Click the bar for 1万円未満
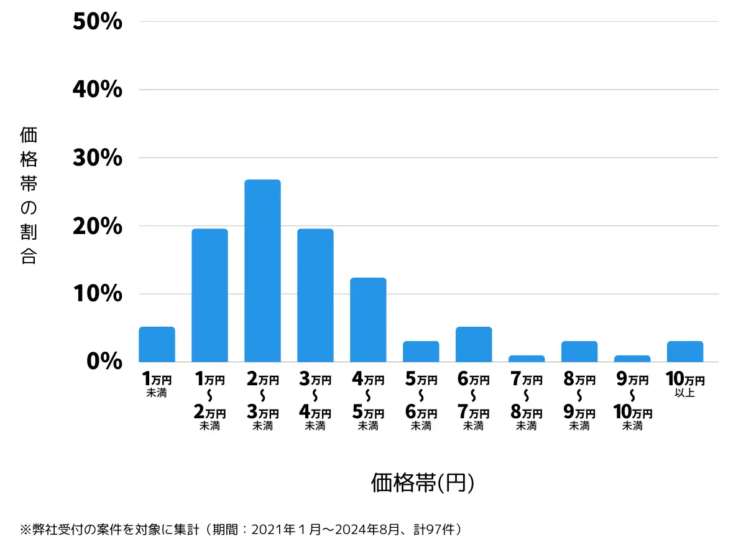coord(157,344)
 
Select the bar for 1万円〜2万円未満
coord(210,295)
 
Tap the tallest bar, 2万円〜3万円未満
coord(262,271)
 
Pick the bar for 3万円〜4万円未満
coord(315,295)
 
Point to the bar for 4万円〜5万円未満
coord(368,319)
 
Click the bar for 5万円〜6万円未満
coord(421,352)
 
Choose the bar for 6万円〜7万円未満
coord(474,344)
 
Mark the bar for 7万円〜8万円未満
coord(527,359)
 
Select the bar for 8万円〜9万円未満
coord(579,352)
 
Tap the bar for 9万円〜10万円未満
coord(632,359)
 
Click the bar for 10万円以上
coord(685,352)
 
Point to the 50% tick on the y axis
coord(98,22)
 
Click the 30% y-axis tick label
coord(98,158)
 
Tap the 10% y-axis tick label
coord(98,294)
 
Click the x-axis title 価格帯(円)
coord(423,482)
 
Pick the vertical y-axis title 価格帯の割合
coord(29,195)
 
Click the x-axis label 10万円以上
coord(684,385)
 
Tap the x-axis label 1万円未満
coord(157,385)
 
